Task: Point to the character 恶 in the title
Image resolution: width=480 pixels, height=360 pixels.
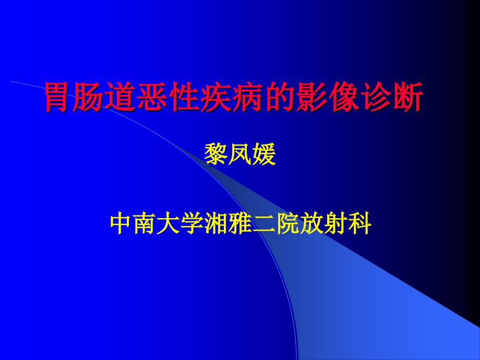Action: pos(152,97)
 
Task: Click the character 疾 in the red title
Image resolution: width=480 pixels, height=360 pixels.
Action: pos(215,97)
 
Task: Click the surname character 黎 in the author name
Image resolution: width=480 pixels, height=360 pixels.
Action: pos(216,154)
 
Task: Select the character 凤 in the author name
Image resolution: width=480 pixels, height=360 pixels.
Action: pos(240,154)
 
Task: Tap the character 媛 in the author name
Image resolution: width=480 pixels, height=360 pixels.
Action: pos(264,154)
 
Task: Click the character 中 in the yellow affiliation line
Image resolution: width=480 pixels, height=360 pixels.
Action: pos(122,224)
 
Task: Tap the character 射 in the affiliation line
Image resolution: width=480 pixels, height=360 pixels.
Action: pos(337,224)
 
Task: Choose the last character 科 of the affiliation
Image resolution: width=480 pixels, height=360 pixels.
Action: pos(361,224)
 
